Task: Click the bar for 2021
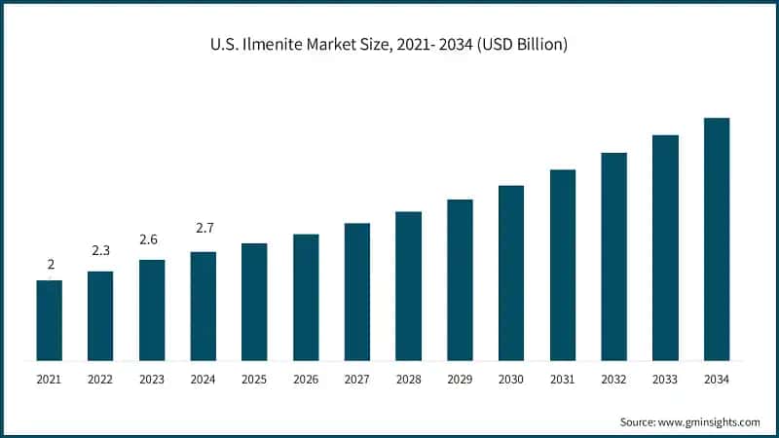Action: click(49, 320)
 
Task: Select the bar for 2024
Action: click(203, 306)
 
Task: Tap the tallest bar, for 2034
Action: click(717, 238)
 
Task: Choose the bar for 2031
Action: click(563, 265)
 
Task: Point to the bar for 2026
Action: click(306, 297)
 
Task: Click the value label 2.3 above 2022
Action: click(100, 251)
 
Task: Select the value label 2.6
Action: click(151, 239)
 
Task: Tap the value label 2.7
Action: click(203, 228)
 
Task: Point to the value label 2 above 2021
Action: click(49, 264)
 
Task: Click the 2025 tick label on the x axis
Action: click(254, 379)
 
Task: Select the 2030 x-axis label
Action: click(511, 379)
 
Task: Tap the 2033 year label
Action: click(665, 379)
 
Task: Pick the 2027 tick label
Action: click(357, 379)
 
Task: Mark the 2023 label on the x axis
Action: click(151, 379)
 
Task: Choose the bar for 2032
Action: click(613, 256)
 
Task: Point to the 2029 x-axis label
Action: click(460, 379)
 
